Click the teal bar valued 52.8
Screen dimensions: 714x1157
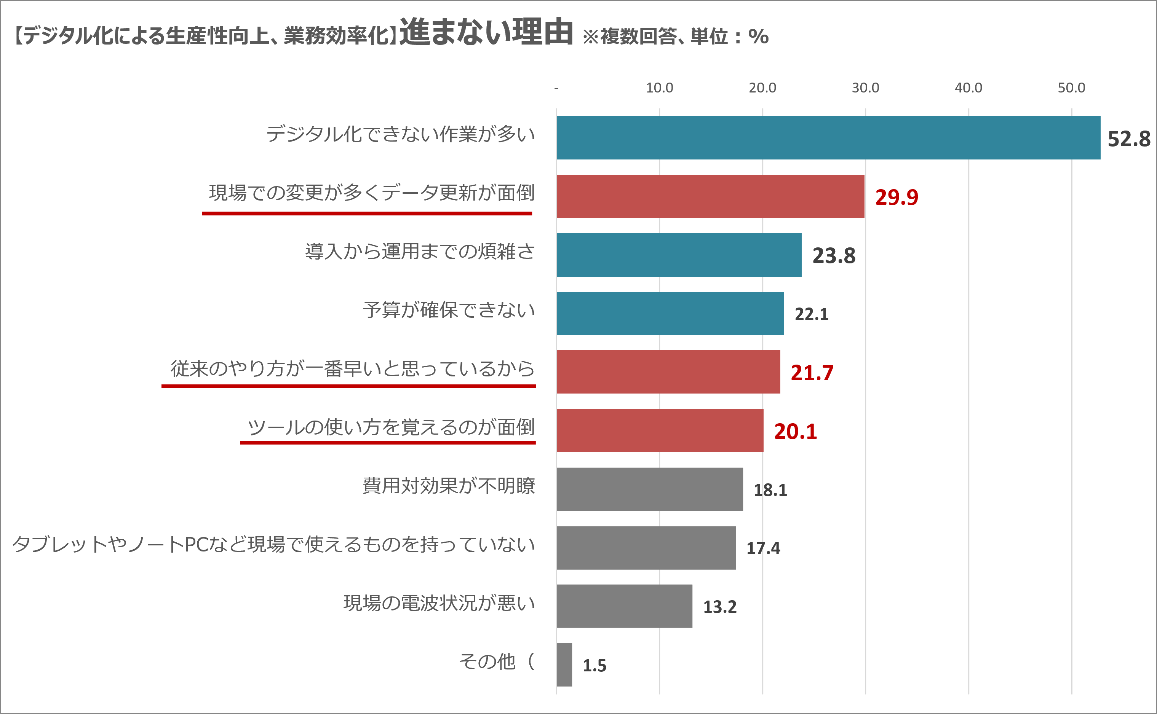pos(828,138)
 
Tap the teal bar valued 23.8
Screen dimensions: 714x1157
pos(679,255)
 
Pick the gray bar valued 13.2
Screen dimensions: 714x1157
pos(624,606)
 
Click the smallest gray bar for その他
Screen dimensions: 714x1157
pos(564,665)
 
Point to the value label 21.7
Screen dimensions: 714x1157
pos(812,373)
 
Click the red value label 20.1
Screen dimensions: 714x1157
pos(795,431)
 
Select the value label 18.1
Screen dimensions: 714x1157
pos(770,490)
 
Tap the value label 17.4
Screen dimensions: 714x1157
pos(763,548)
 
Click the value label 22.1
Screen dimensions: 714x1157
pos(811,314)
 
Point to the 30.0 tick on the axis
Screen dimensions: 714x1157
pos(865,88)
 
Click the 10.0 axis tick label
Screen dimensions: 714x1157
pos(659,88)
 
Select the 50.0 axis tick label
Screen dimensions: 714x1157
pos(1071,88)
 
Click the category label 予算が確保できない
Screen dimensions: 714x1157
pos(449,310)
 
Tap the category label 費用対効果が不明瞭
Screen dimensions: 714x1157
pos(449,486)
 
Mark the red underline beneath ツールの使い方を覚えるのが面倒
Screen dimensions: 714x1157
pos(387,443)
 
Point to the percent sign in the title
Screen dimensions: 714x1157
pos(758,37)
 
